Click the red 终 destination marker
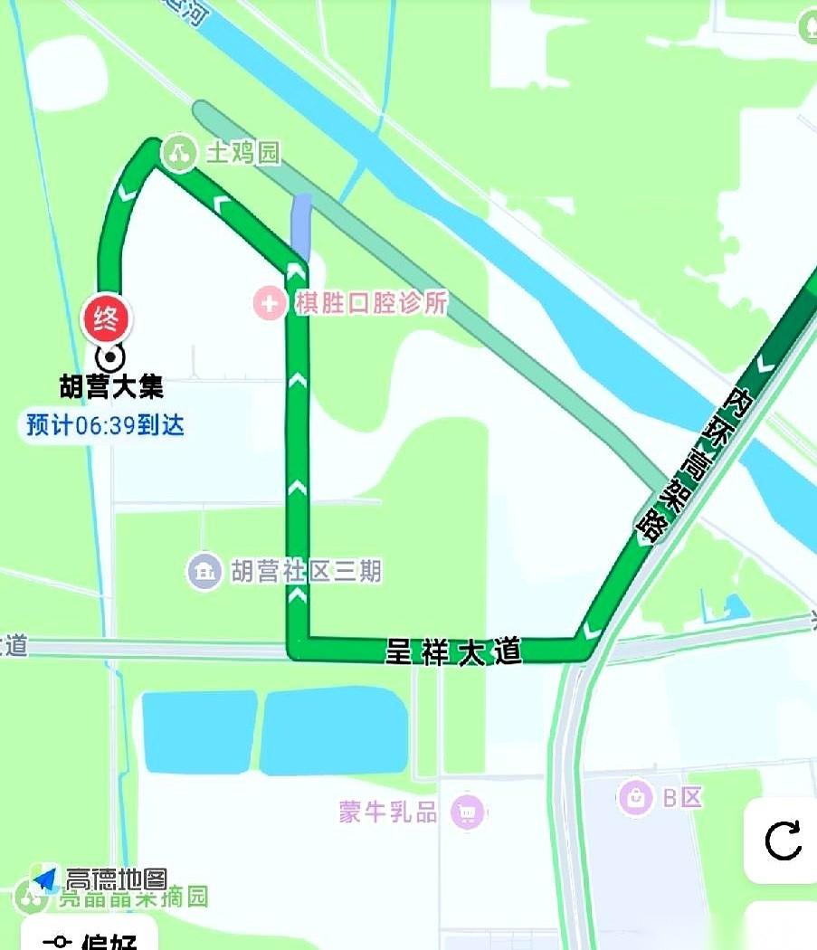108,318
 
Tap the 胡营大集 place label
111,388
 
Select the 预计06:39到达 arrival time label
105,424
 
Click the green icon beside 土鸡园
178,153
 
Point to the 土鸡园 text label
243,153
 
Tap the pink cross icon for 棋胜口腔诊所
269,303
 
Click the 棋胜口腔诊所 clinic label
371,303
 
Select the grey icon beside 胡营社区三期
205,571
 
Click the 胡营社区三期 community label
306,571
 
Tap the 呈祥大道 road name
454,651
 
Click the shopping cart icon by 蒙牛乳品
468,812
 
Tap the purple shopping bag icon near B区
636,797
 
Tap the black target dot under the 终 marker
109,356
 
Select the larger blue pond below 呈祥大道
334,731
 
